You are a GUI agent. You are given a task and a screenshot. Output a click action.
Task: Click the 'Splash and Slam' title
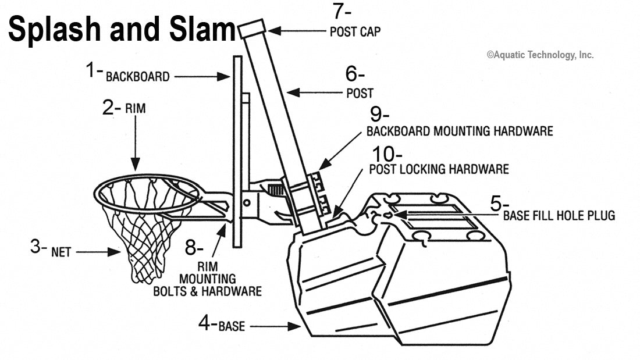click(x=121, y=29)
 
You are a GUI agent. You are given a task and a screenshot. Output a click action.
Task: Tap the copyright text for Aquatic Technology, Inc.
click(x=540, y=55)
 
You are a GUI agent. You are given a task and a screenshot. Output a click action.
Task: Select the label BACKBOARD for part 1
click(x=137, y=77)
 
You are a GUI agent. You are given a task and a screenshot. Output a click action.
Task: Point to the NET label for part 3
click(x=61, y=253)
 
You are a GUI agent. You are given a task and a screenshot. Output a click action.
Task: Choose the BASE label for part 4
click(x=232, y=326)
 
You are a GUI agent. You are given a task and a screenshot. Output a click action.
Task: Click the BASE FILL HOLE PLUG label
click(x=559, y=216)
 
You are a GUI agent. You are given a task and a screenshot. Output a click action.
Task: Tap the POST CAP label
click(x=355, y=32)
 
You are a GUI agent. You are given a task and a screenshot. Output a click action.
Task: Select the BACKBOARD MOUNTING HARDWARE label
click(x=459, y=131)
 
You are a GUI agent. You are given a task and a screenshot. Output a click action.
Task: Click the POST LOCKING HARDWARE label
click(x=439, y=169)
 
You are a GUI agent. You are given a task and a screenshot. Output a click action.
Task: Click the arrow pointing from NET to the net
click(x=97, y=252)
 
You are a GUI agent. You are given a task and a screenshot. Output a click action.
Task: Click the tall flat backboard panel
click(x=237, y=151)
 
